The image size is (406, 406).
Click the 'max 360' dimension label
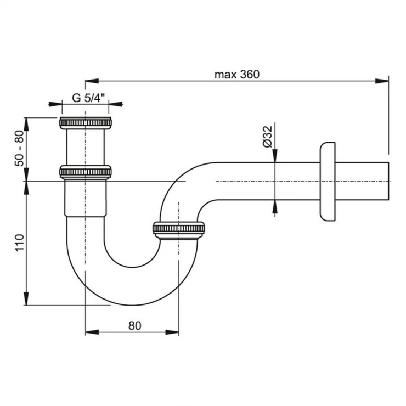pyautogui.click(x=236, y=75)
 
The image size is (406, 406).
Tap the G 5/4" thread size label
pyautogui.click(x=88, y=98)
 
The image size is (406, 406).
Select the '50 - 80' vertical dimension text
pyautogui.click(x=19, y=148)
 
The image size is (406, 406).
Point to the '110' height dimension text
pyautogui.click(x=20, y=242)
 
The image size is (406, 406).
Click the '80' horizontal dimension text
pyautogui.click(x=134, y=326)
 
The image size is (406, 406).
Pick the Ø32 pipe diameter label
pyautogui.click(x=268, y=137)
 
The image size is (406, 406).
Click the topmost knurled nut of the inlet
pyautogui.click(x=86, y=123)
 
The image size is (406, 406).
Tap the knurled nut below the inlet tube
pyautogui.click(x=86, y=172)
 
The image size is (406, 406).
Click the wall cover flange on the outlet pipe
pyautogui.click(x=328, y=181)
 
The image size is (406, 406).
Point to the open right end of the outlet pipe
pyautogui.click(x=388, y=181)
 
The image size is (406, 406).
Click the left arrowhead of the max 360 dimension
pyautogui.click(x=92, y=81)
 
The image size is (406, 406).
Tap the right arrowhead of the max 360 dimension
pyautogui.click(x=382, y=81)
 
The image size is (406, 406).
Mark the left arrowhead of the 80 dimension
pyautogui.click(x=92, y=332)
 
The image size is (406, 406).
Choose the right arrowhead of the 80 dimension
pyautogui.click(x=172, y=332)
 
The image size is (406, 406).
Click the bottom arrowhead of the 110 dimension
pyautogui.click(x=26, y=298)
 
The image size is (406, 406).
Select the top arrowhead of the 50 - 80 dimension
pyautogui.click(x=26, y=125)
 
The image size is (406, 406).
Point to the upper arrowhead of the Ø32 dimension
pyautogui.click(x=275, y=156)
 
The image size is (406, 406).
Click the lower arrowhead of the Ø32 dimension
pyautogui.click(x=275, y=207)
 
